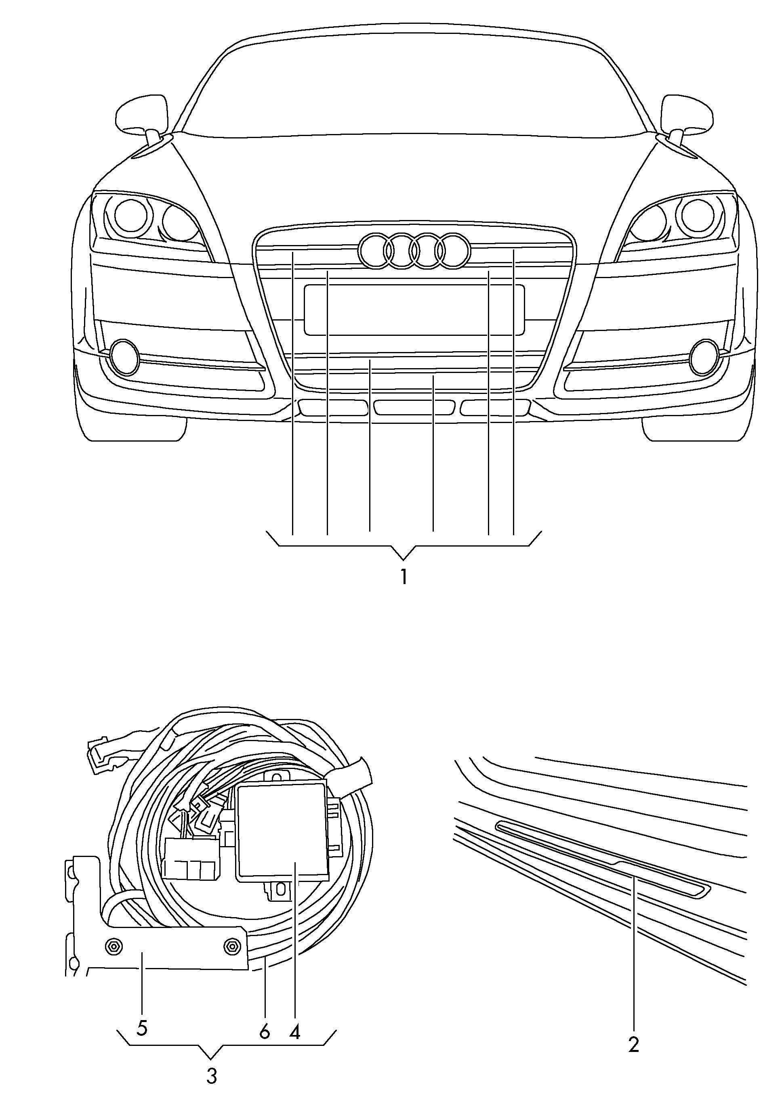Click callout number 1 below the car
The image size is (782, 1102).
(404, 576)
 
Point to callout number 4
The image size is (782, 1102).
(295, 1031)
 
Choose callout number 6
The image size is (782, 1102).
(264, 1032)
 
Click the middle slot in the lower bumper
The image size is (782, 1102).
(414, 407)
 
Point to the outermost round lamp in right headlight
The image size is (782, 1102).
(695, 214)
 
